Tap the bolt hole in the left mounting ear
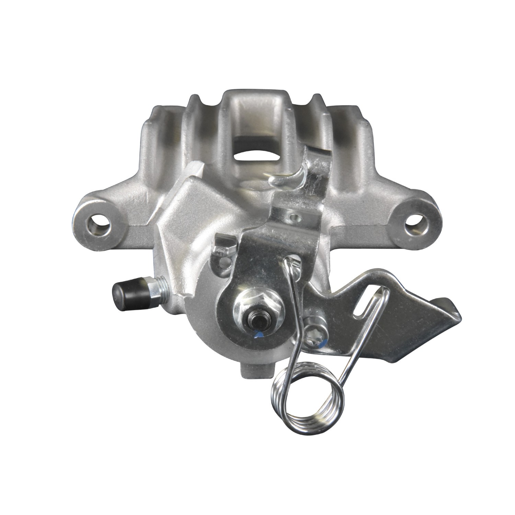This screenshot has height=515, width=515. [x=100, y=227]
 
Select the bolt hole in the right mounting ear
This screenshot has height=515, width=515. [x=414, y=227]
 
